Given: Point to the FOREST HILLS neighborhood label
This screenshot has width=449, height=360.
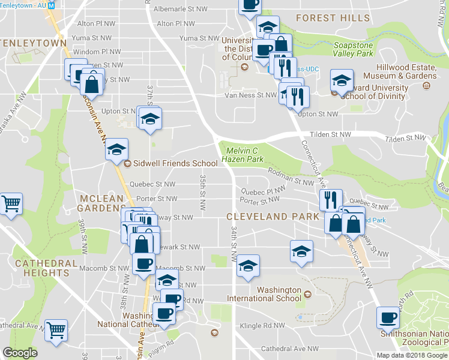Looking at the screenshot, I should [333, 18].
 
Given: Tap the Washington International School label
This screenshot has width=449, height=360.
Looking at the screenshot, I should [279, 294].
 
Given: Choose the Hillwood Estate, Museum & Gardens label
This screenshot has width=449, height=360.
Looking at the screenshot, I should [406, 71].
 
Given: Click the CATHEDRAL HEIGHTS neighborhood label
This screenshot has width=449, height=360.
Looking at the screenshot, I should [46, 268].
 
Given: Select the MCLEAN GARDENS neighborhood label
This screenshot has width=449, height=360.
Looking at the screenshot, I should [100, 203].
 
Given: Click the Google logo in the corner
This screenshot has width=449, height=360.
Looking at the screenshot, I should [20, 353].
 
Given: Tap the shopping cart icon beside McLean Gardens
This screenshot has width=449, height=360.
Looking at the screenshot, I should [10, 205].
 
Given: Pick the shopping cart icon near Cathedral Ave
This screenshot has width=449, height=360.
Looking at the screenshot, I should [56, 330].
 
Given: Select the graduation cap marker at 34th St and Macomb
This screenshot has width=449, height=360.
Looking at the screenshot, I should [247, 266].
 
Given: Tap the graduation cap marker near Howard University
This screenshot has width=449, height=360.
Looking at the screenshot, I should [341, 81].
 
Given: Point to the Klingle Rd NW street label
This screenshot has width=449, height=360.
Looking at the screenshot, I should [262, 326].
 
